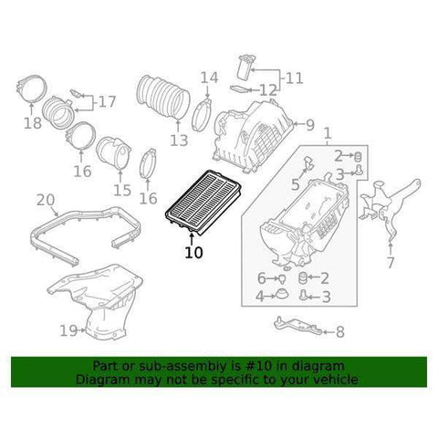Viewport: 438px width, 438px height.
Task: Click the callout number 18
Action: [32, 123]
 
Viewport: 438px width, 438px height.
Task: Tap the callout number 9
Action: [309, 125]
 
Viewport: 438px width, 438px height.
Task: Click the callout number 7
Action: [390, 264]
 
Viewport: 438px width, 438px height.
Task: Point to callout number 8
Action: [340, 332]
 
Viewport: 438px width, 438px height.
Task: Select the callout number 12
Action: [267, 89]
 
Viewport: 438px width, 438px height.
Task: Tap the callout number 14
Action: [209, 78]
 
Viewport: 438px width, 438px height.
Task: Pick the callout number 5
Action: [295, 185]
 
